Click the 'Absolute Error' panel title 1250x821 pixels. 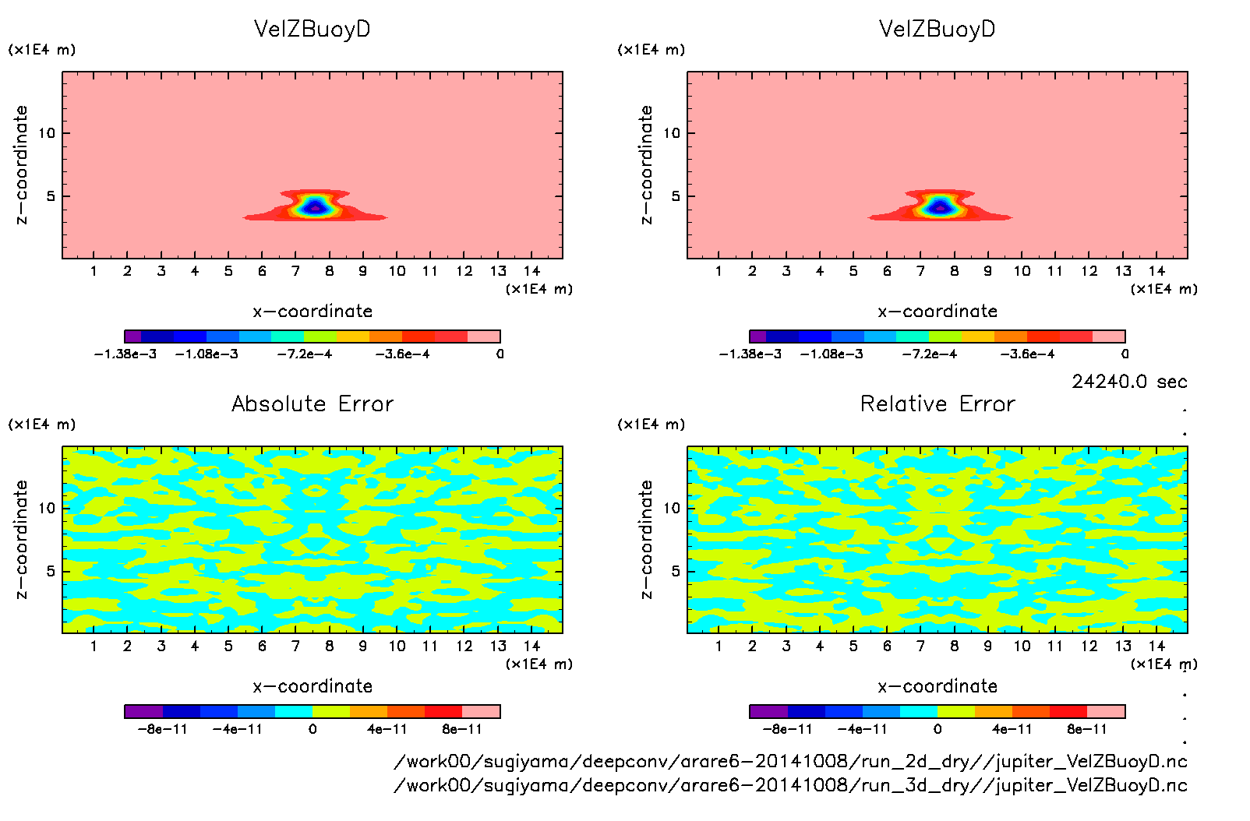pos(312,403)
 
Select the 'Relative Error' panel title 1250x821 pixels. pos(937,403)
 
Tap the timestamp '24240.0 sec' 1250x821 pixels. pos(1129,382)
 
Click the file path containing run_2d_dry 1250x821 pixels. pos(790,761)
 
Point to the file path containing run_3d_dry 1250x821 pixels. pos(790,785)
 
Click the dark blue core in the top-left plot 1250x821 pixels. pos(314,207)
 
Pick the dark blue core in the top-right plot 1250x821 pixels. pos(939,207)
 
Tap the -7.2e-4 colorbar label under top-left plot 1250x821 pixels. pos(305,354)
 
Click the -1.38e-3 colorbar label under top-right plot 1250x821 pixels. pos(750,354)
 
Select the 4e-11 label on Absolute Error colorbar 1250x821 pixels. pos(387,730)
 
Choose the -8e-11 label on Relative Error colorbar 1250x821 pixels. pos(788,730)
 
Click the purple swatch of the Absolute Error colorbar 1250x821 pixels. pos(143,711)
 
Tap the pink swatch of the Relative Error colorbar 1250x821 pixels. pos(1106,711)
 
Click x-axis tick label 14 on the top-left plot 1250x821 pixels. pos(531,271)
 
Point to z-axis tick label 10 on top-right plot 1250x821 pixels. pos(672,133)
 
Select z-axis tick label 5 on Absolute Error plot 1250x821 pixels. pos(51,571)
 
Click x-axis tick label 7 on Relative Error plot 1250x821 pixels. pos(920,646)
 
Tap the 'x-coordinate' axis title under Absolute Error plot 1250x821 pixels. pos(312,686)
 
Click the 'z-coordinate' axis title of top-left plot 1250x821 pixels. pos(21,165)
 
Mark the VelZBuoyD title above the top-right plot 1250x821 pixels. pos(937,29)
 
